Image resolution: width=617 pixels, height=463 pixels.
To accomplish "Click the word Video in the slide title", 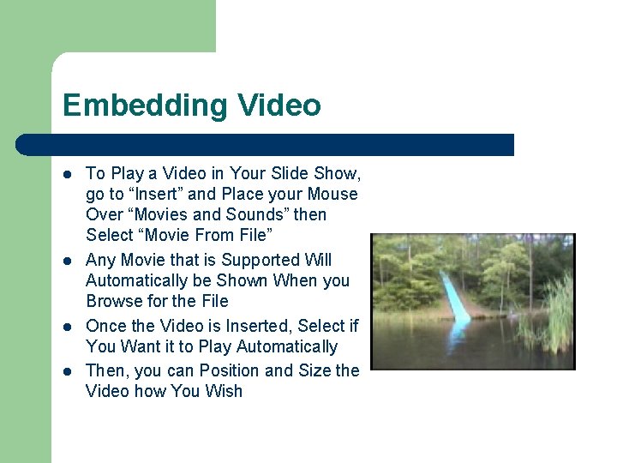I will coord(279,105).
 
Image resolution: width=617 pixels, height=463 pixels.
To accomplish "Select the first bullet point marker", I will coord(68,174).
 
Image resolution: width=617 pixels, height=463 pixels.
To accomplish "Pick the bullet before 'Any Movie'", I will coord(68,261).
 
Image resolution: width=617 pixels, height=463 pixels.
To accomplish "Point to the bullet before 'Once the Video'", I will coord(68,327).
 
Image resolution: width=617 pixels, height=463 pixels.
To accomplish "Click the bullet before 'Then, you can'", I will coord(68,370).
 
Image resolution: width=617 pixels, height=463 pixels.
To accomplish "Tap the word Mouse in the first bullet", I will coord(332,194).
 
